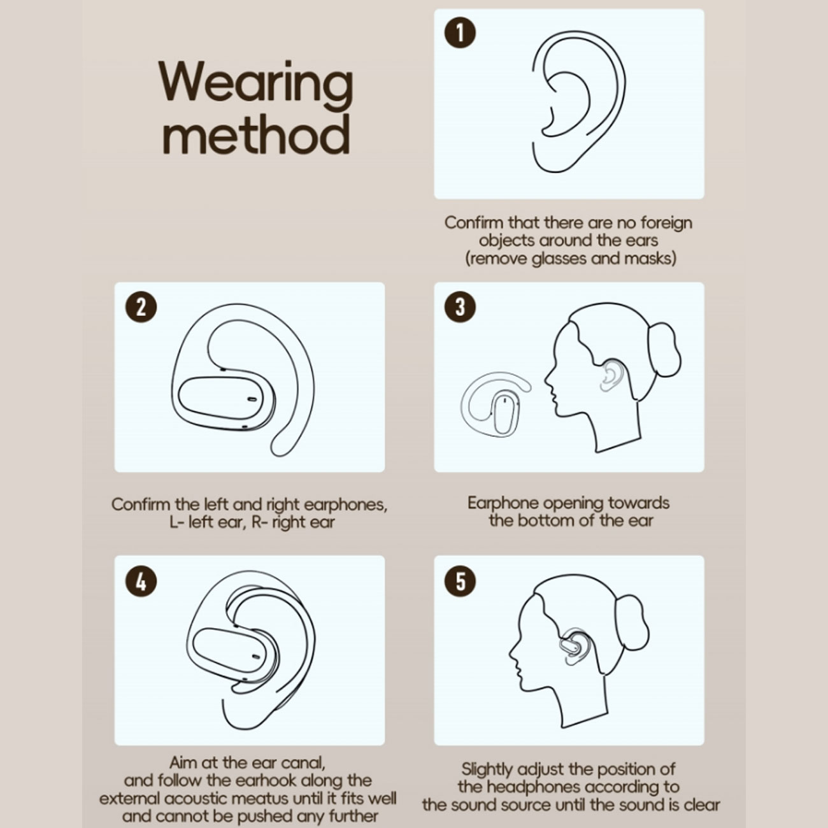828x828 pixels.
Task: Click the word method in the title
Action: (x=256, y=134)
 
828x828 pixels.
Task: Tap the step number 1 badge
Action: (x=460, y=32)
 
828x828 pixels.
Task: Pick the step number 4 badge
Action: (x=141, y=581)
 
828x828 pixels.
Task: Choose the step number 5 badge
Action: (x=460, y=581)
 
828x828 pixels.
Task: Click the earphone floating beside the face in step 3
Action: (x=496, y=404)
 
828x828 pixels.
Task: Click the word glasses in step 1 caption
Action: (x=559, y=259)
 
